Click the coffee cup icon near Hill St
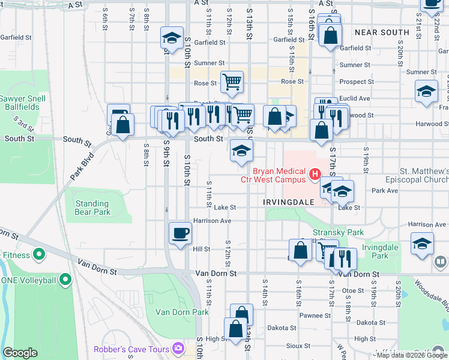point(180,232)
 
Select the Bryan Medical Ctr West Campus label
point(279,175)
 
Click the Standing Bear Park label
point(93,208)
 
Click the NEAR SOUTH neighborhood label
point(382,32)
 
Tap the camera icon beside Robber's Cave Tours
point(178,348)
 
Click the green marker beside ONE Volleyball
point(65,280)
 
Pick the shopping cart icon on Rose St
point(232,81)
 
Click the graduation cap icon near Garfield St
point(172,38)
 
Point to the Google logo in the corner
point(20,353)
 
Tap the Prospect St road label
point(357,82)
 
